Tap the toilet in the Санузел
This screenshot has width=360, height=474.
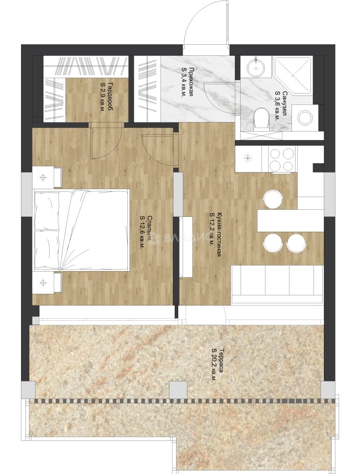[x=262, y=118]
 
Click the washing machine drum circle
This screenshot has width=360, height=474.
[x=305, y=117]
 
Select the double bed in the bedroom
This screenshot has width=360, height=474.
[x=82, y=230]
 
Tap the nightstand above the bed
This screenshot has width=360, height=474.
[x=47, y=177]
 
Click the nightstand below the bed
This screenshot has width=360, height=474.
[x=47, y=282]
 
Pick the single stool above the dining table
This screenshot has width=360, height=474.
[x=273, y=199]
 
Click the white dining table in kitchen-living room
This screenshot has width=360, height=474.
[x=290, y=221]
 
